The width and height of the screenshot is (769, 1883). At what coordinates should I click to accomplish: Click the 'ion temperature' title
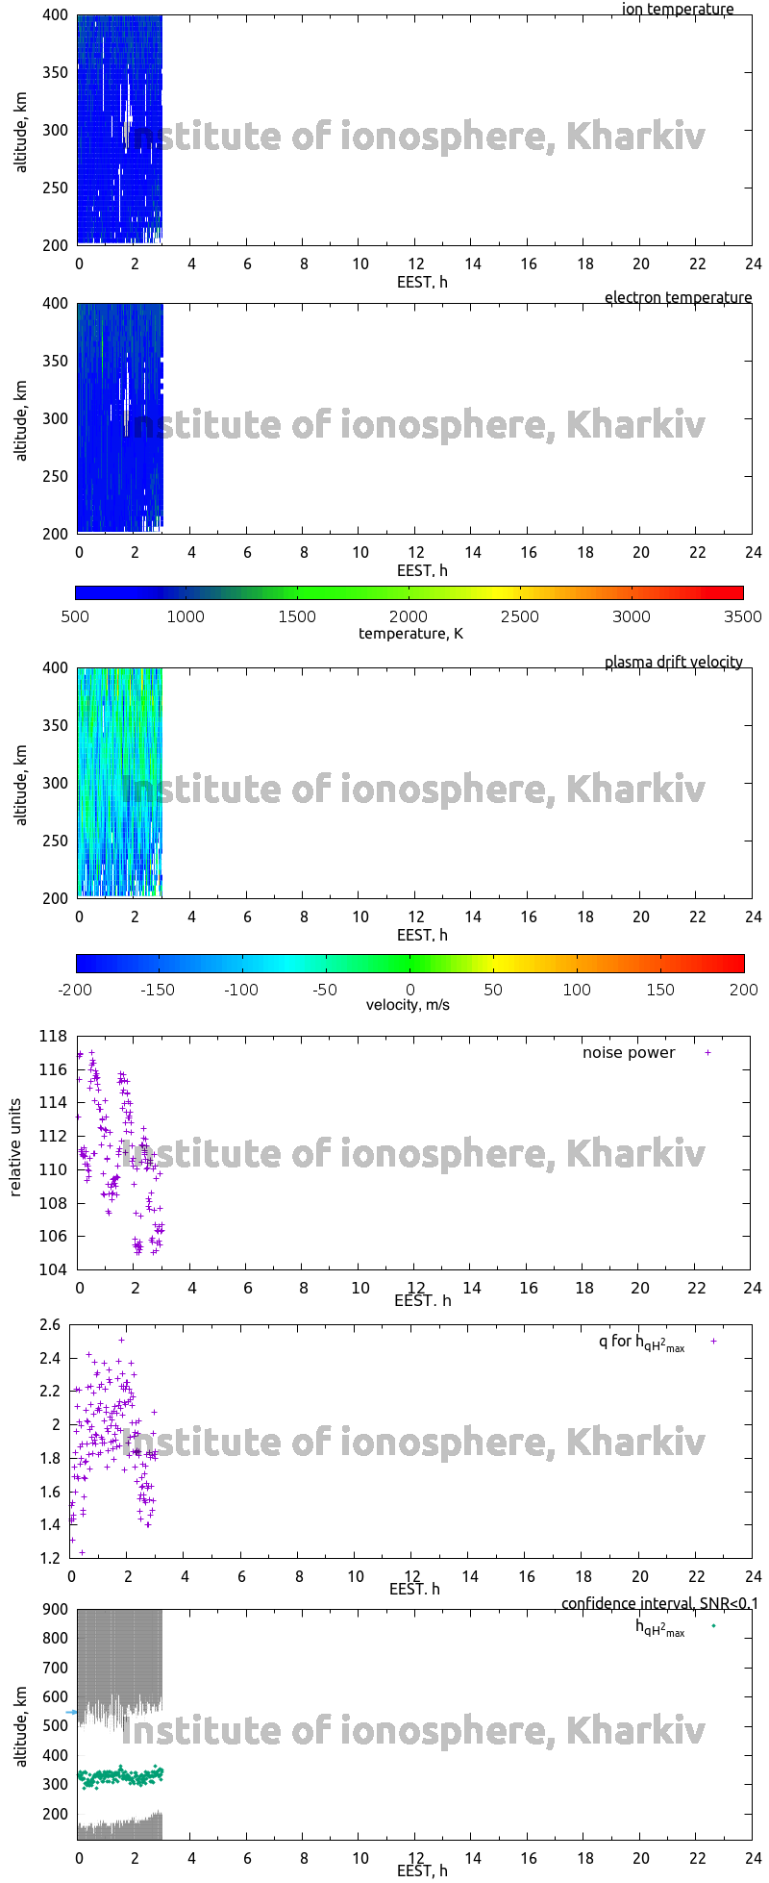[678, 10]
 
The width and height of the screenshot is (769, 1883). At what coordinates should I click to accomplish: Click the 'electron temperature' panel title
[678, 298]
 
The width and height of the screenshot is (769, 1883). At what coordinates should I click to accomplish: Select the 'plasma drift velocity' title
[673, 663]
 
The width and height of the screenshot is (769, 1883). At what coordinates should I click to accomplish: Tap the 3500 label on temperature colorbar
[743, 616]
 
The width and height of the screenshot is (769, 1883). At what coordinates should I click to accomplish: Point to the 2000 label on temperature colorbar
[409, 616]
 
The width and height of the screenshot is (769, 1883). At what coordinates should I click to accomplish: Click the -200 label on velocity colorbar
[76, 990]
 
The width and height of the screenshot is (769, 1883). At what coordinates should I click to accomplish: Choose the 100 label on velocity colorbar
[577, 990]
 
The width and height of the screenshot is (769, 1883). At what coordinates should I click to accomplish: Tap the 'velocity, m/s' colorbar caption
[409, 1005]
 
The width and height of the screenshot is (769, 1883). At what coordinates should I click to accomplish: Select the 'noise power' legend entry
[629, 1053]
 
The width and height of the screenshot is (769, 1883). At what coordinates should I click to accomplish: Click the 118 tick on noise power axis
[54, 1037]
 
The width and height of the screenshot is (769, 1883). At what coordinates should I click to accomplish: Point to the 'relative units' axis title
[15, 1153]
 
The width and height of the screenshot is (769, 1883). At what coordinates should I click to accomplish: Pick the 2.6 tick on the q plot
[50, 1325]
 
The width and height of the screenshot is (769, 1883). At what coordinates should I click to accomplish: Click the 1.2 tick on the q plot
[50, 1558]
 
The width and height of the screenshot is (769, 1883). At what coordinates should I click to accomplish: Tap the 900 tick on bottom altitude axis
[56, 1610]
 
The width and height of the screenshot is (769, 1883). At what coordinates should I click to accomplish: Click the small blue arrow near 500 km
[71, 1713]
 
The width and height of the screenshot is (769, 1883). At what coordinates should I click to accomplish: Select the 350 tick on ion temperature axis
[56, 72]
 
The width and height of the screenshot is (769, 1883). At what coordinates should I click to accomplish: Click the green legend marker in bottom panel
[713, 1626]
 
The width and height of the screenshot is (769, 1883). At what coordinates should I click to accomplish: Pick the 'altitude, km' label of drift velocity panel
[21, 783]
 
